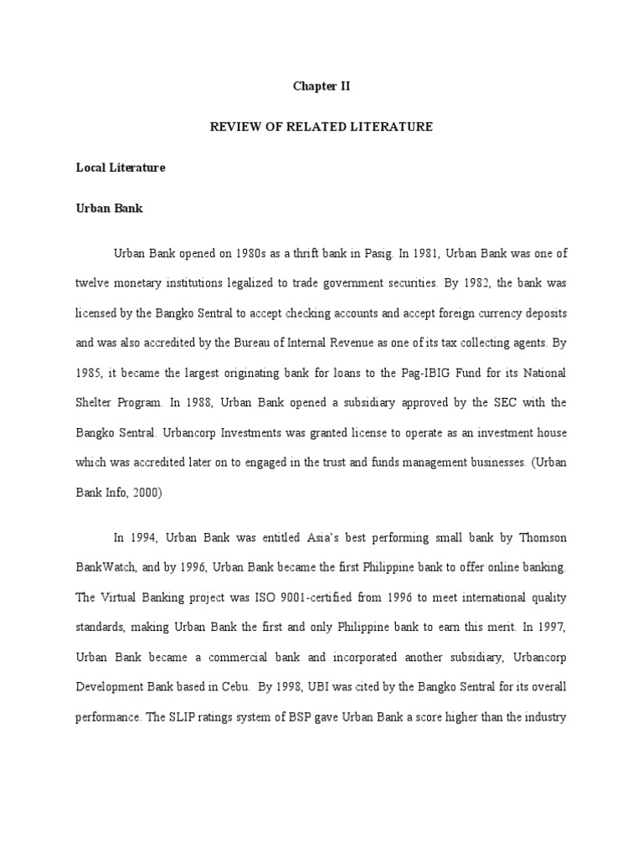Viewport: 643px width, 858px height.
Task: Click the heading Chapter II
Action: point(321,86)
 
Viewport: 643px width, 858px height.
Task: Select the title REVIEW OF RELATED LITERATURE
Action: point(321,127)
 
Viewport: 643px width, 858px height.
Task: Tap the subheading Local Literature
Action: point(121,168)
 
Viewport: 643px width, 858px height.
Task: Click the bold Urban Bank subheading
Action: point(109,209)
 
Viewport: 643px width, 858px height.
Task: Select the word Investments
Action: point(201,432)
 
